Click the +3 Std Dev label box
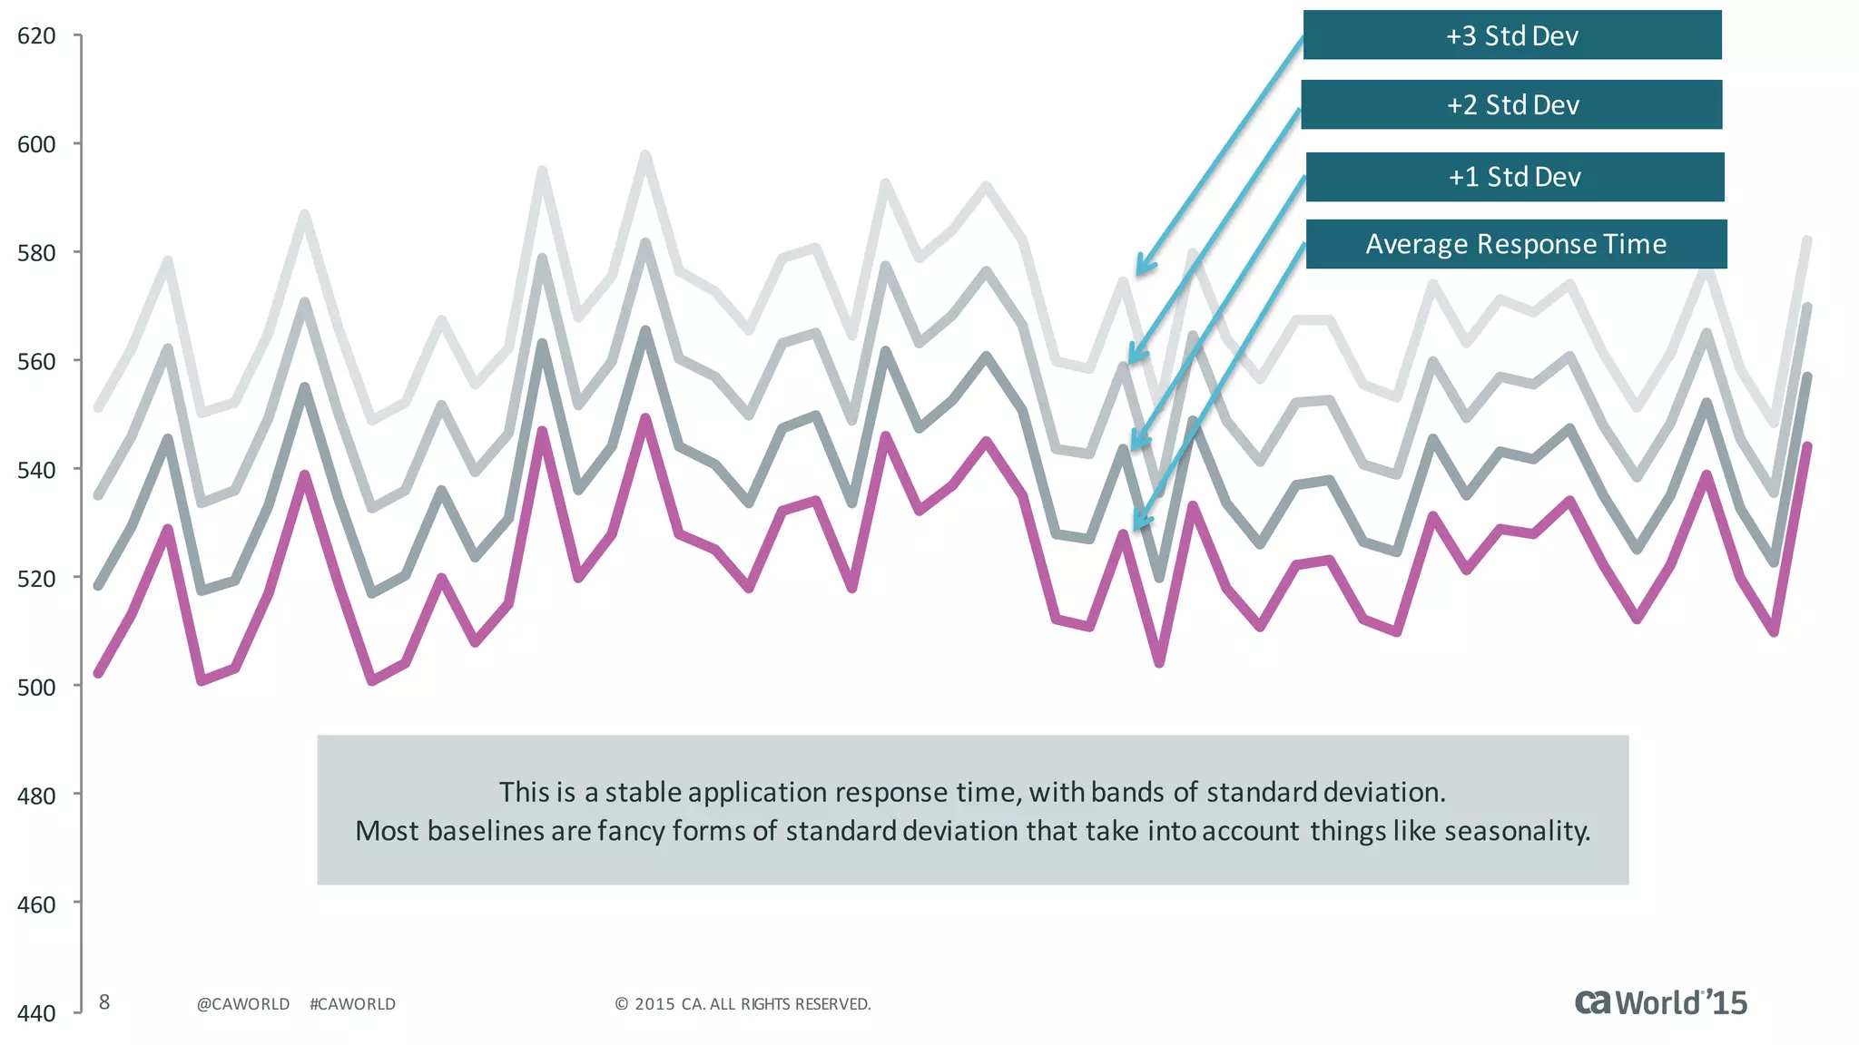pyautogui.click(x=1512, y=35)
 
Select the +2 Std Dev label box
pyautogui.click(x=1512, y=104)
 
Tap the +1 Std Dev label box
pyautogui.click(x=1514, y=177)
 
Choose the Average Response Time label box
pyautogui.click(x=1516, y=244)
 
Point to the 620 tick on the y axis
pyautogui.click(x=36, y=35)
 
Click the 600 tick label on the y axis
pyautogui.click(x=36, y=144)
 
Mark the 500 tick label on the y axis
pyautogui.click(x=36, y=687)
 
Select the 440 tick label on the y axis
pyautogui.click(x=36, y=1013)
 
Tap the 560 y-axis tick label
pyautogui.click(x=36, y=361)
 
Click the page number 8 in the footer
pyautogui.click(x=104, y=1002)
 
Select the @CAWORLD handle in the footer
pyautogui.click(x=243, y=1004)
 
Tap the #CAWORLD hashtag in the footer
pyautogui.click(x=352, y=1004)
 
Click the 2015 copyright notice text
pyautogui.click(x=743, y=1004)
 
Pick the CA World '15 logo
pyautogui.click(x=1660, y=1002)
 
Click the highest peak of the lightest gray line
pyautogui.click(x=645, y=155)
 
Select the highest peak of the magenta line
pyautogui.click(x=645, y=418)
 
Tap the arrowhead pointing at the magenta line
pyautogui.click(x=1138, y=524)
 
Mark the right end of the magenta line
pyautogui.click(x=1807, y=446)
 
